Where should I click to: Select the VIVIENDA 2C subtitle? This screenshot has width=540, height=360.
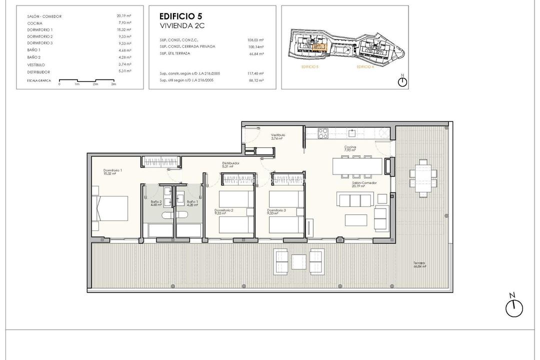click(178, 25)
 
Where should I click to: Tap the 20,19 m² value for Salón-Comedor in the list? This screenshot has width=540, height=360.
click(124, 16)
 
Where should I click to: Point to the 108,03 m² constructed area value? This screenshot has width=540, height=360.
click(255, 39)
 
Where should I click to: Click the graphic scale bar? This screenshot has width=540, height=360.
click(87, 80)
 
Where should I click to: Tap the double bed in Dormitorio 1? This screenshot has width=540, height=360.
click(110, 211)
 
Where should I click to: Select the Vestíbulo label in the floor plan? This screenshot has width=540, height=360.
click(278, 136)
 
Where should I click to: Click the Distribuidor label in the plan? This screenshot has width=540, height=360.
click(231, 164)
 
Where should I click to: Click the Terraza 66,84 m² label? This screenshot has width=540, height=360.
click(419, 264)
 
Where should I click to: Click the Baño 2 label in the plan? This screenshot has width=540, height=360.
click(156, 203)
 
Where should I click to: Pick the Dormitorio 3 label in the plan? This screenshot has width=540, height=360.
click(276, 211)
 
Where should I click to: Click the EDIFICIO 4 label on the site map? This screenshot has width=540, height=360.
click(365, 66)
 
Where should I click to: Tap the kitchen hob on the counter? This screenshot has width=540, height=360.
click(323, 133)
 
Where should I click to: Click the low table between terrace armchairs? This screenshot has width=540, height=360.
click(299, 261)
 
